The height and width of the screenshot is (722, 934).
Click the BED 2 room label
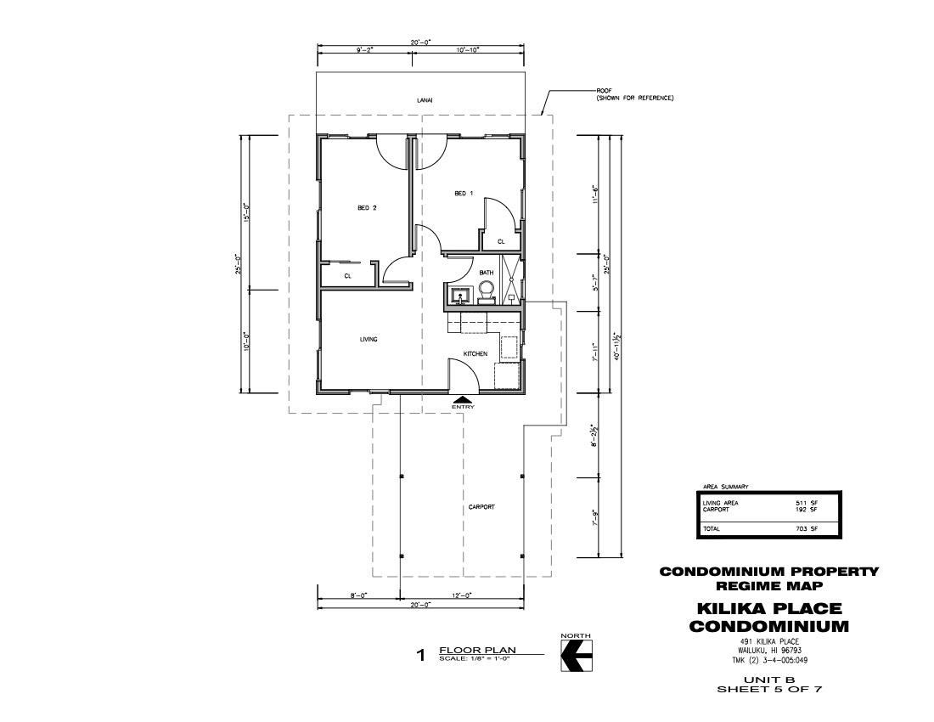[x=367, y=208]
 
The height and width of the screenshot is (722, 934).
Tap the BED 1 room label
[x=464, y=193]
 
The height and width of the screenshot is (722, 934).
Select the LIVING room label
[x=369, y=340]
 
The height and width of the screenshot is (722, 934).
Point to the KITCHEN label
[x=475, y=354]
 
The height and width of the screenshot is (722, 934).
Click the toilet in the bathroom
[x=486, y=292]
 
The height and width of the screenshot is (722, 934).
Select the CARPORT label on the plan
[x=481, y=507]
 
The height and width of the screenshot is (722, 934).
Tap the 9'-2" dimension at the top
[x=364, y=50]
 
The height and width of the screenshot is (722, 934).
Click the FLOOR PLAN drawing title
[x=477, y=650]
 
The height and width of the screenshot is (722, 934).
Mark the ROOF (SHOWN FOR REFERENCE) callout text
[x=634, y=94]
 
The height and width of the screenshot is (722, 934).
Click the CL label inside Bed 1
[x=501, y=242]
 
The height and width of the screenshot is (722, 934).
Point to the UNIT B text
[x=768, y=680]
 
